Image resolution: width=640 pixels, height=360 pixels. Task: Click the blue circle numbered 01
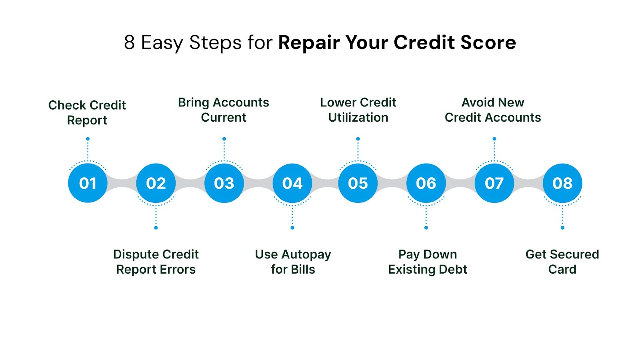click(88, 183)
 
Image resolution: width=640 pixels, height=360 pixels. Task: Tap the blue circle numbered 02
click(156, 183)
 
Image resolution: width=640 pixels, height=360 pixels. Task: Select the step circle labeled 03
click(224, 183)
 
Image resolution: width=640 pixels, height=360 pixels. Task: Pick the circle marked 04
click(292, 183)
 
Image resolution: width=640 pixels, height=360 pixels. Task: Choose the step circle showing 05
click(358, 183)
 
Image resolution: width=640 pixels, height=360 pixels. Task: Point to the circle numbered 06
click(426, 183)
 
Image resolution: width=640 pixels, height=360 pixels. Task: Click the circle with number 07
click(494, 183)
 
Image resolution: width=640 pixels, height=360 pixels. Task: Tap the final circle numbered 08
click(562, 183)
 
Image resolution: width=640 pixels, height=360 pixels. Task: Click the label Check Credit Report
click(87, 112)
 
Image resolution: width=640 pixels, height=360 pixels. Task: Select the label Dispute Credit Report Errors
click(156, 262)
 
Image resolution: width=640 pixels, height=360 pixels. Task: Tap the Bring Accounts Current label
click(224, 110)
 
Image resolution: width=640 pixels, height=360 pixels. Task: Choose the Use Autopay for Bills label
click(293, 262)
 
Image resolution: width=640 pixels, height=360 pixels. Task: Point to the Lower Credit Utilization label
click(358, 110)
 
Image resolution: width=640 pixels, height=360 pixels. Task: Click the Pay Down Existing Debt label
click(428, 262)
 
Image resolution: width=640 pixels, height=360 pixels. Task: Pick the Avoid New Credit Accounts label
click(493, 110)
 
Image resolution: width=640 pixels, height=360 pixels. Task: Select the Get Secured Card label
click(562, 262)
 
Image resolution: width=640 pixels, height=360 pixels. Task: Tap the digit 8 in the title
click(129, 42)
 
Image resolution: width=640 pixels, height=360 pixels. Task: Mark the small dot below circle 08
click(562, 228)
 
